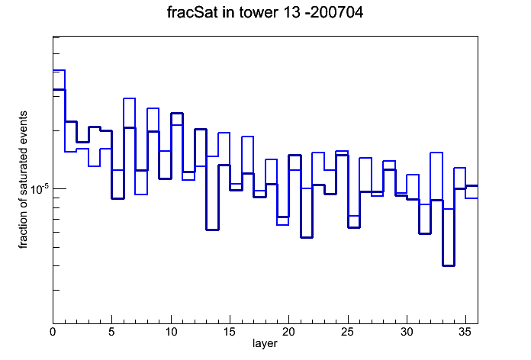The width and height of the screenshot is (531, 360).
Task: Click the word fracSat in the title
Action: [x=191, y=12]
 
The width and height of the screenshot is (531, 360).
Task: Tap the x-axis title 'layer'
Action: [x=265, y=343]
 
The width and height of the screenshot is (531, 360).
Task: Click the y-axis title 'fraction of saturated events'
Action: [x=23, y=180]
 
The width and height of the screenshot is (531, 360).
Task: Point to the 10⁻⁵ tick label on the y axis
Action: [x=39, y=189]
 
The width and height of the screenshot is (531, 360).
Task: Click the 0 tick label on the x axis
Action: [x=53, y=332]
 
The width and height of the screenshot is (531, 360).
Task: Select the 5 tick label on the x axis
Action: [x=111, y=332]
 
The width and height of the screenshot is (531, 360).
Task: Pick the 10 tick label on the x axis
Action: [x=171, y=332]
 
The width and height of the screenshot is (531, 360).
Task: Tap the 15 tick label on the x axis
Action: [x=230, y=332]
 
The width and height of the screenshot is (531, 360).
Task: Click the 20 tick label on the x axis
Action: [x=289, y=332]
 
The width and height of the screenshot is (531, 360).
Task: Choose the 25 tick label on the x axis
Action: [x=348, y=332]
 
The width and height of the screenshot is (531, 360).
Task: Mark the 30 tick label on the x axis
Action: [x=407, y=332]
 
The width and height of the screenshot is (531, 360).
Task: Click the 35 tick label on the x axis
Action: [x=465, y=332]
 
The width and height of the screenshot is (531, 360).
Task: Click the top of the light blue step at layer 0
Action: [x=59, y=70]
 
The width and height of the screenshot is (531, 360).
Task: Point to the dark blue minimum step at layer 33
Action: [x=448, y=265]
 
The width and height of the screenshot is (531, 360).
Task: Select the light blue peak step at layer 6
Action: [x=130, y=98]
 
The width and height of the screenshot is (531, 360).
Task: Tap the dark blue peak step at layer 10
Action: [x=177, y=114]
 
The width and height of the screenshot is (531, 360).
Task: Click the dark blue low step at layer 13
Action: [x=212, y=230]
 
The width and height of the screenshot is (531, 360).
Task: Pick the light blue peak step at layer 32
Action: [x=436, y=153]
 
